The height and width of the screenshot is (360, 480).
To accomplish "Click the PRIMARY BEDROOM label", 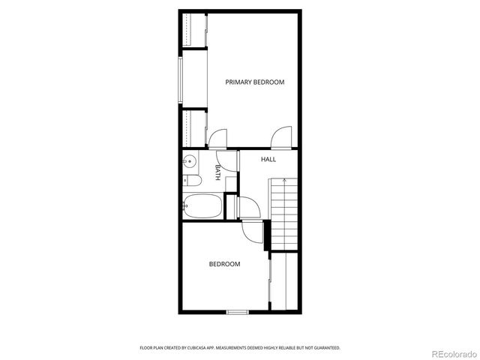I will (255, 82).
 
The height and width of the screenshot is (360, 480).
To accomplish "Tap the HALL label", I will (268, 160).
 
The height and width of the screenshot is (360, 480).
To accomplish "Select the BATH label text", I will (218, 173).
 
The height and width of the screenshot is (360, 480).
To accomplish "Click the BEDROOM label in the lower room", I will (224, 264).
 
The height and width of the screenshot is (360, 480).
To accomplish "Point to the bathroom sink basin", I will (190, 160).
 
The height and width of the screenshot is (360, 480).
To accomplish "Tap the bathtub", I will (202, 206).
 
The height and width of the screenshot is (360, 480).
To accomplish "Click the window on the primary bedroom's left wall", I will (180, 79).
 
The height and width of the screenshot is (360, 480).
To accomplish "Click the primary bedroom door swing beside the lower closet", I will (217, 139).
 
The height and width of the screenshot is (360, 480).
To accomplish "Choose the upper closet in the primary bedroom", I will (194, 30).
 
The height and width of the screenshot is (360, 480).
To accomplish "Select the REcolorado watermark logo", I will (451, 352).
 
